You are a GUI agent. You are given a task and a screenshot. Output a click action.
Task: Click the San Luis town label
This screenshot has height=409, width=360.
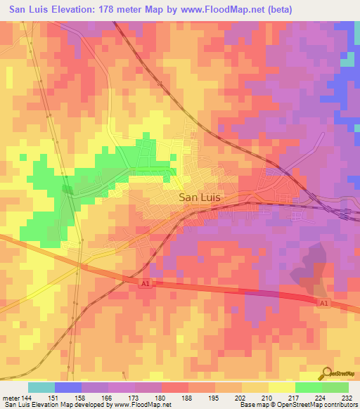point(200,198)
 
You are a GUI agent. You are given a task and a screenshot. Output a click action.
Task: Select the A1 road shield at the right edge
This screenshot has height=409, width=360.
point(323,303)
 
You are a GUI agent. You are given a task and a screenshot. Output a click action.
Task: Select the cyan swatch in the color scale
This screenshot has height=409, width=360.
point(41,387)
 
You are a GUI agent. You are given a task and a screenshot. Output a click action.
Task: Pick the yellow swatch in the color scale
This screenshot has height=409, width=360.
point(282,387)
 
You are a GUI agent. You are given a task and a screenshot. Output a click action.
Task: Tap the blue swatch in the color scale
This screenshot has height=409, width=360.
point(68,387)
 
